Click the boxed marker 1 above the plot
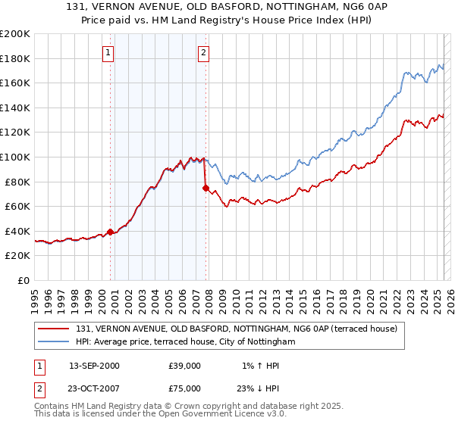(x=109, y=53)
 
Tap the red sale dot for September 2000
(x=111, y=232)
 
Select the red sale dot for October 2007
(x=206, y=188)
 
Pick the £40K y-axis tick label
(x=17, y=231)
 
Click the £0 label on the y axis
(x=24, y=280)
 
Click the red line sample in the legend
(x=54, y=329)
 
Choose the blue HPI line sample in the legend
(x=54, y=342)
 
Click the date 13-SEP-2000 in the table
(x=94, y=366)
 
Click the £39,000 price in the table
(x=185, y=366)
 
